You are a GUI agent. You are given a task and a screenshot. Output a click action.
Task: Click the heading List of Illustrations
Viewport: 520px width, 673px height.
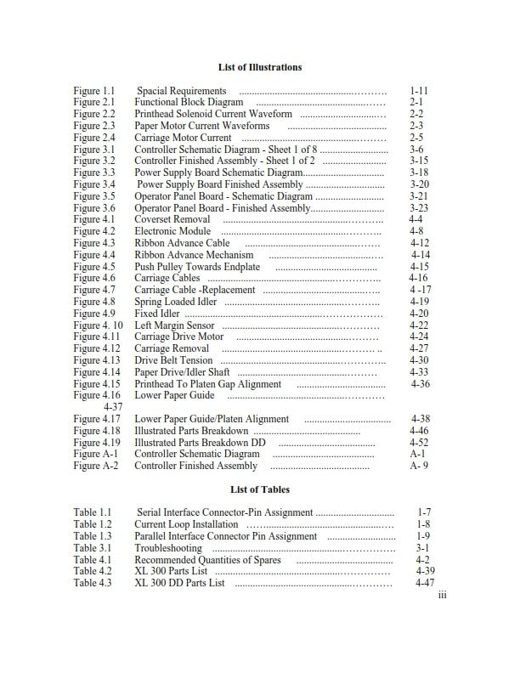click(x=259, y=66)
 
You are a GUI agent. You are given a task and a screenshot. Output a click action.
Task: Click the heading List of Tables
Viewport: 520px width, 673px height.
click(x=259, y=489)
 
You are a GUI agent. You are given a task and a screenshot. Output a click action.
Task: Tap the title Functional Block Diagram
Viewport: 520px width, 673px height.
click(x=177, y=102)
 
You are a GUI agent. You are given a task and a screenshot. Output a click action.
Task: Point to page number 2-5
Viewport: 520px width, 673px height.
click(x=416, y=138)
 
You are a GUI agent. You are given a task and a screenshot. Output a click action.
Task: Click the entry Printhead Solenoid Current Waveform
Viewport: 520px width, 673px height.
click(x=213, y=114)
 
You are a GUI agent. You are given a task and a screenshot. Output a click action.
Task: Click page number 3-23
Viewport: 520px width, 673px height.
click(x=419, y=208)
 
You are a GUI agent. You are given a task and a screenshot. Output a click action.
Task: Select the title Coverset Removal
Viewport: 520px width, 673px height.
click(x=172, y=219)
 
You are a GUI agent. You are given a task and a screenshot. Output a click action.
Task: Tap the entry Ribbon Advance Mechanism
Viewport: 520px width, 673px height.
click(x=194, y=255)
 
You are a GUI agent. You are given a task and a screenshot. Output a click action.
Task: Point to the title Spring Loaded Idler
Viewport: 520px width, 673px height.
click(x=175, y=302)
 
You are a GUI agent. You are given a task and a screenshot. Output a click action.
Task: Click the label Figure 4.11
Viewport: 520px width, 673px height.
click(x=96, y=336)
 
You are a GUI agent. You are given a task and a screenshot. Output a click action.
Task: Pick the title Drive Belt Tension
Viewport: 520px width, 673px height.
click(x=173, y=360)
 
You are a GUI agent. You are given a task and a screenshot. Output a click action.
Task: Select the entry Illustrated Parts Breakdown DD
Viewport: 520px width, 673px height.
click(x=201, y=443)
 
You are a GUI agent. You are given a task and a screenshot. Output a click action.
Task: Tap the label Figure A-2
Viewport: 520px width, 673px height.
click(x=94, y=466)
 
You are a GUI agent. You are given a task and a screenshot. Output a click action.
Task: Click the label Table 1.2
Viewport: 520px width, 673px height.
click(x=93, y=525)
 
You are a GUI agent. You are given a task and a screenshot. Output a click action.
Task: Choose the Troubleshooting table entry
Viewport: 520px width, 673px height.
click(x=169, y=549)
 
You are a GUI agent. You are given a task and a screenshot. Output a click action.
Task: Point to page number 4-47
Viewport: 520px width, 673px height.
click(x=425, y=584)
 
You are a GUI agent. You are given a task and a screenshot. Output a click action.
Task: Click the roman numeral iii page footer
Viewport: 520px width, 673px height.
click(x=442, y=596)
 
